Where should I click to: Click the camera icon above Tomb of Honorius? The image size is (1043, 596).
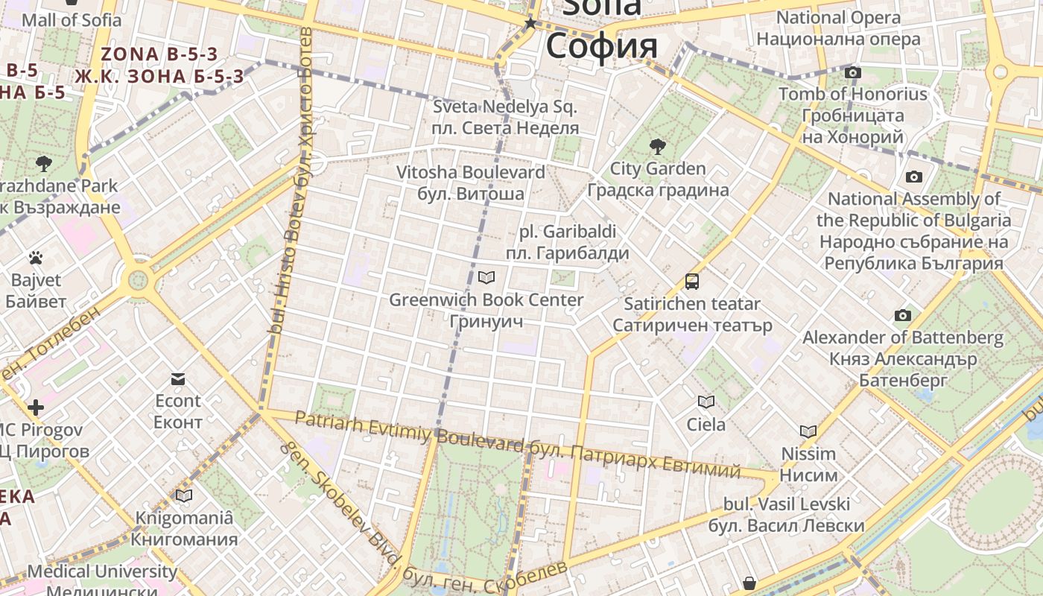tap(853, 72)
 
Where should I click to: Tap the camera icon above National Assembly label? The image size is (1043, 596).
tap(913, 177)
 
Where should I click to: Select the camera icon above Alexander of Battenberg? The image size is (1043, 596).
tap(903, 315)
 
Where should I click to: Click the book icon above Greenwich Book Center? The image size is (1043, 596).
tap(486, 278)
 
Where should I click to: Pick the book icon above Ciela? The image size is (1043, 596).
tap(706, 402)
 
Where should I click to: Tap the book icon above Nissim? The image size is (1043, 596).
tap(808, 431)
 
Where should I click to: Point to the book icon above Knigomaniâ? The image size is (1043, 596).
tap(184, 495)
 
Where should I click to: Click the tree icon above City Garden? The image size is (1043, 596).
tap(657, 146)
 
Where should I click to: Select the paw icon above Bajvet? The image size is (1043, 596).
tap(36, 258)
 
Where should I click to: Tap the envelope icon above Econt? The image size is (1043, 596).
tap(178, 379)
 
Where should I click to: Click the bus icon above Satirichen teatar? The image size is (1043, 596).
tap(692, 282)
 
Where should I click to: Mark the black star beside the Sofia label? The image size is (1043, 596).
tap(530, 24)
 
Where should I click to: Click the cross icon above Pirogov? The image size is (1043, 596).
tap(36, 408)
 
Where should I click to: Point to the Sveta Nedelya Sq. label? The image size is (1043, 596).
tap(505, 107)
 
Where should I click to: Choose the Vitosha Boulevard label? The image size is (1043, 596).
tap(470, 172)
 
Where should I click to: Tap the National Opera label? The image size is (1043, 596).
tap(838, 18)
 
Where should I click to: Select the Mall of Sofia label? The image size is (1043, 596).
tap(72, 20)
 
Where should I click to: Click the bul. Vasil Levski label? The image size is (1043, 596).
tap(787, 504)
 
